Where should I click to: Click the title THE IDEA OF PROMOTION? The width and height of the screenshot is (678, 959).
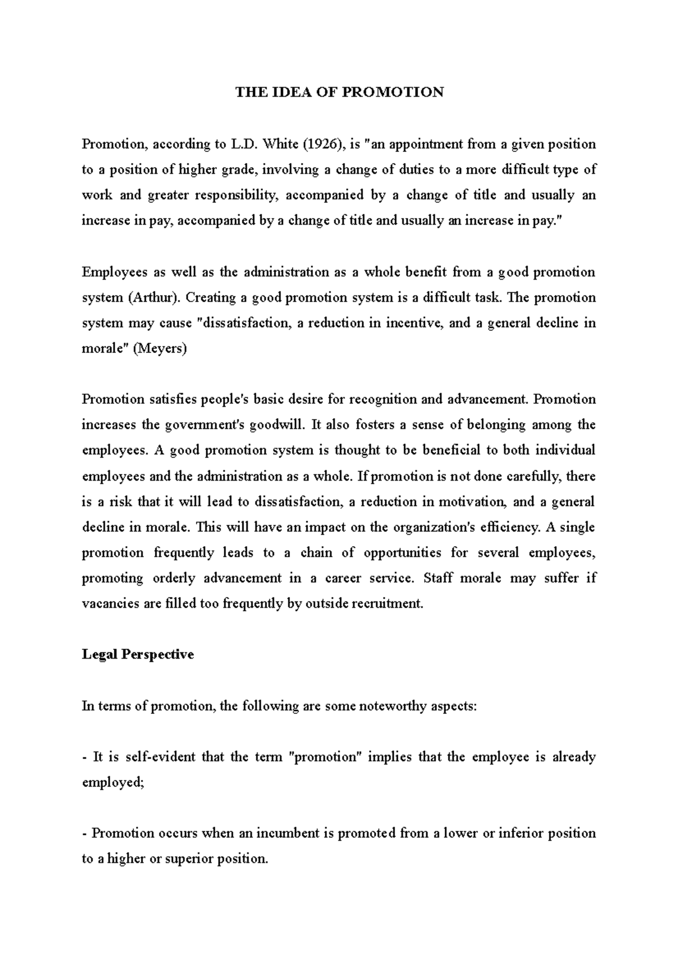click(x=340, y=92)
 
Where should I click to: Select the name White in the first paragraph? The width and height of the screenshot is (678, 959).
click(x=277, y=144)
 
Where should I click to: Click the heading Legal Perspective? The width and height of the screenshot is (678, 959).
click(x=138, y=655)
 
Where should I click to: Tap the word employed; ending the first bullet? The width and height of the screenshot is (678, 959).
click(x=114, y=783)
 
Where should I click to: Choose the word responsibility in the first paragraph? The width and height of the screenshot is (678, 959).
click(x=237, y=195)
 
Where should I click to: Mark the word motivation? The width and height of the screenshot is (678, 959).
click(x=472, y=502)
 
